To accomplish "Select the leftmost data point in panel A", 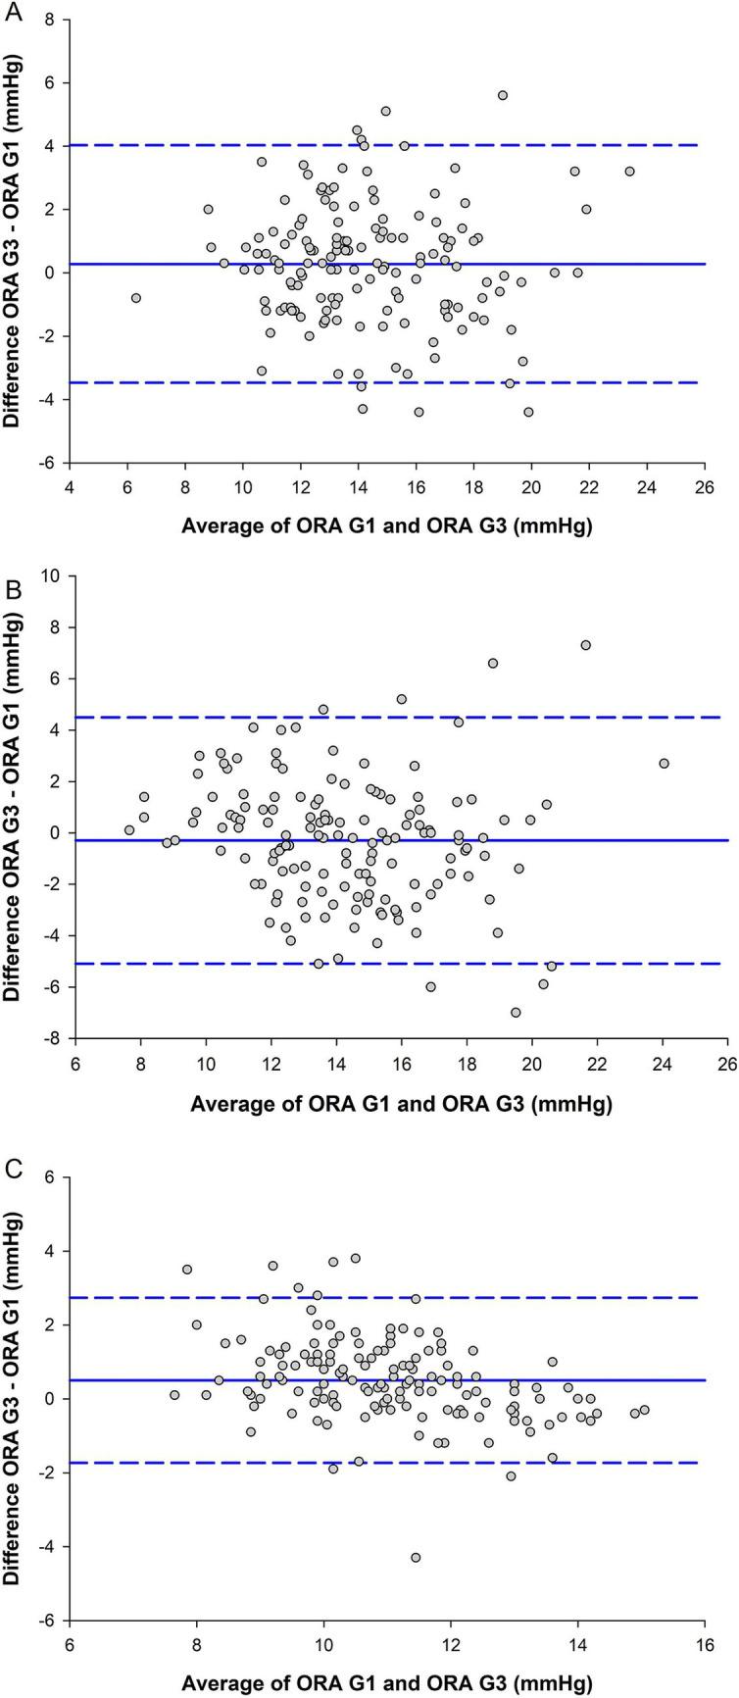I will pyautogui.click(x=136, y=297).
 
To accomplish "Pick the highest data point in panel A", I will pyautogui.click(x=503, y=95).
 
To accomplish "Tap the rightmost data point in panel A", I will pyautogui.click(x=629, y=171).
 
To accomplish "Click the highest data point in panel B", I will pyautogui.click(x=585, y=645).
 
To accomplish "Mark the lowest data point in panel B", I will pyautogui.click(x=516, y=1013).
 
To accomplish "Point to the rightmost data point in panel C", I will pyautogui.click(x=644, y=1410).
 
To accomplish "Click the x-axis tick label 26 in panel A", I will pyautogui.click(x=698, y=485).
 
